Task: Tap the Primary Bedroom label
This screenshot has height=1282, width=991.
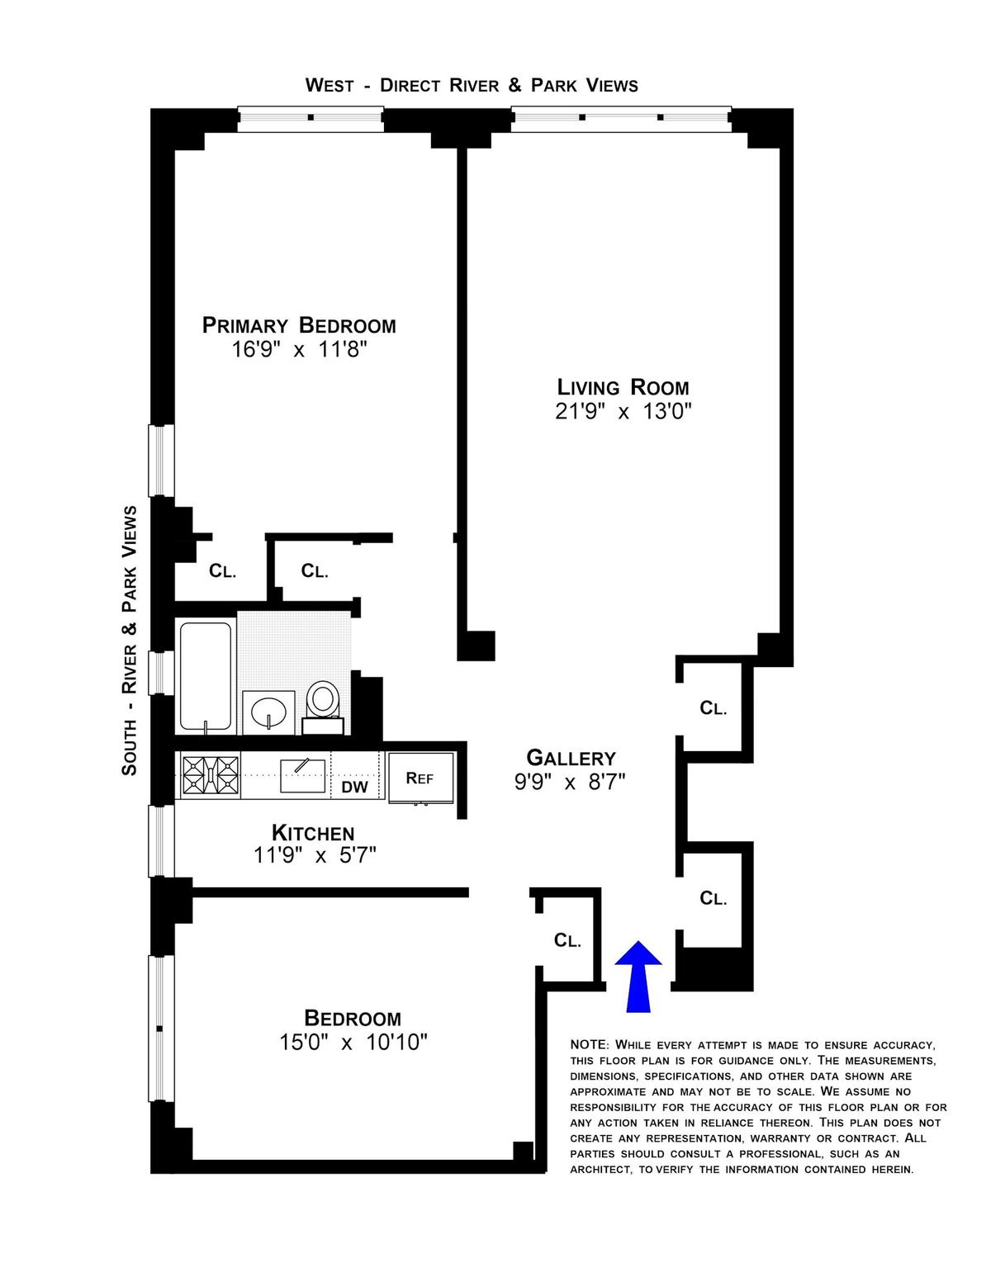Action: (x=299, y=325)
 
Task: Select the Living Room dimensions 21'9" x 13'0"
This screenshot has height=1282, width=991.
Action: (x=623, y=411)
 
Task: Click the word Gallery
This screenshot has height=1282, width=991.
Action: (x=571, y=758)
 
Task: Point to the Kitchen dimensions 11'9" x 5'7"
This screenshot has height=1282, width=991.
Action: (x=315, y=855)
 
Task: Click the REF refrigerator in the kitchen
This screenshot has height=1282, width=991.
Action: (x=420, y=778)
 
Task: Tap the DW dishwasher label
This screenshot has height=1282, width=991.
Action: (x=355, y=787)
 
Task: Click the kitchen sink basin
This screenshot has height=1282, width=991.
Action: (x=303, y=776)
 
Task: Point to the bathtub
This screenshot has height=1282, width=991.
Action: (x=206, y=676)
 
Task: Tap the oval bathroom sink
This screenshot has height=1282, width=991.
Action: (x=268, y=712)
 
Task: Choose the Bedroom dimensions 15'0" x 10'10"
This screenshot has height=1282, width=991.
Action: (x=353, y=1043)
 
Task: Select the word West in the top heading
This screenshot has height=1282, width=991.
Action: (x=330, y=86)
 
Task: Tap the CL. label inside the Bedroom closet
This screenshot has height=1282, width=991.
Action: (x=568, y=940)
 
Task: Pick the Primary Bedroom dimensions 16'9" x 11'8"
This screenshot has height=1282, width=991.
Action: (x=299, y=350)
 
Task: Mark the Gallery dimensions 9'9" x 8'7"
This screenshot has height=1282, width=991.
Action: (x=570, y=783)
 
